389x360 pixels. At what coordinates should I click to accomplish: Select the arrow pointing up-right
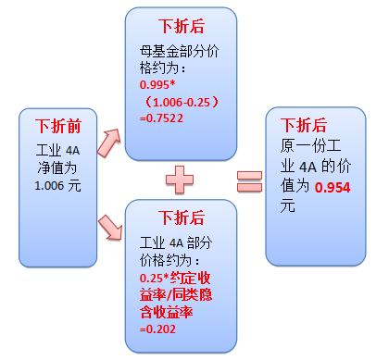[108, 142]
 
